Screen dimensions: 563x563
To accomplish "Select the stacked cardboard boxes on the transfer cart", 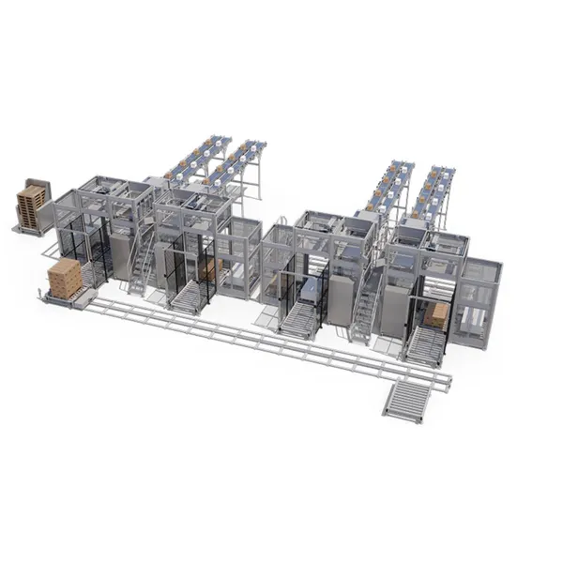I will [x=65, y=278].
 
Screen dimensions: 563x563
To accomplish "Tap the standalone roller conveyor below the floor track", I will [x=404, y=399].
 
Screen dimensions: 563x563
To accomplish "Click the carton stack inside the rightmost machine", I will [x=436, y=314].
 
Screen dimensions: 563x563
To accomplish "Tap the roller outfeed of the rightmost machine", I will [x=425, y=346].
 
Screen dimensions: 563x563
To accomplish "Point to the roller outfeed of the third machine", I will [x=299, y=320].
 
